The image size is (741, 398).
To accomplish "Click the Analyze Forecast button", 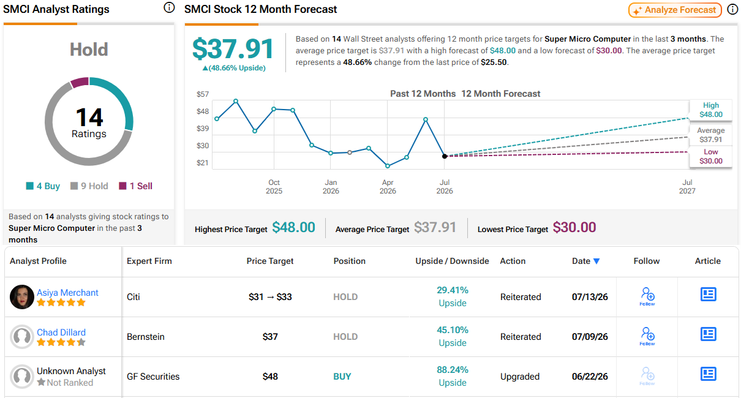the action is tap(675, 10).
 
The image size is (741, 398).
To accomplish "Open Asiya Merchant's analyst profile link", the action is tap(67, 293).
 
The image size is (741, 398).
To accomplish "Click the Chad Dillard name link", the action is tap(61, 332).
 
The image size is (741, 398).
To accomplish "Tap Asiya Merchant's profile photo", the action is tap(22, 297).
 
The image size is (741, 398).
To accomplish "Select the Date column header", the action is tap(585, 261).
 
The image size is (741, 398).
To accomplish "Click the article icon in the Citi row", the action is tap(709, 294).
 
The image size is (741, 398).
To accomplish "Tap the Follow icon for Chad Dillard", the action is tap(647, 336).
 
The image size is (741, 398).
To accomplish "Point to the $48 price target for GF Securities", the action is tap(270, 377).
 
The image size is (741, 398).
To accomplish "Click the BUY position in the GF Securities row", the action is tap(342, 377).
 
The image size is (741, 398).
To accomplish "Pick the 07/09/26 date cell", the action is tap(590, 337).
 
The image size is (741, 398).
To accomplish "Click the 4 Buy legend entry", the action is tap(43, 186).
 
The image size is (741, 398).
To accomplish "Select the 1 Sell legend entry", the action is tap(135, 186).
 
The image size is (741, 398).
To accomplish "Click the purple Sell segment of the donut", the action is tap(80, 83).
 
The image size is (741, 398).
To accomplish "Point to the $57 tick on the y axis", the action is tap(203, 94).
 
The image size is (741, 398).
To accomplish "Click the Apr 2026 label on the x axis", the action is tap(388, 187).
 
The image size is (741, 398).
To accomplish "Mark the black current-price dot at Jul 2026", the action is tap(445, 156).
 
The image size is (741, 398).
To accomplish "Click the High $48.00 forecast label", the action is tap(711, 110).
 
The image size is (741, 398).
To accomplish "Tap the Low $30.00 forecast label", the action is tap(711, 157).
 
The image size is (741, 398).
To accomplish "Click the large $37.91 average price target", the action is tap(233, 49).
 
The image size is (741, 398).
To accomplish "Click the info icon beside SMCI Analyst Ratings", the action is tap(169, 7).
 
